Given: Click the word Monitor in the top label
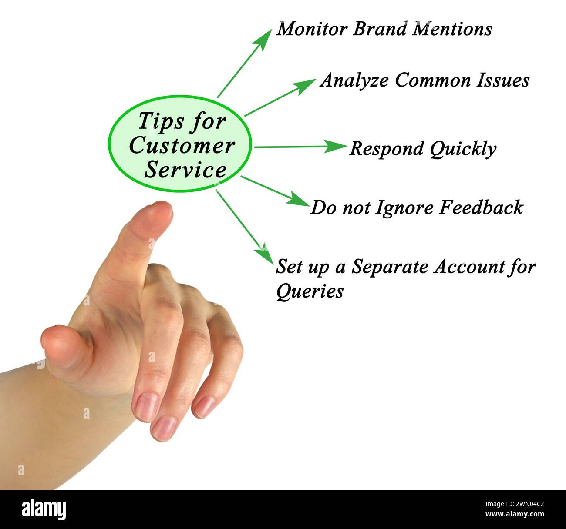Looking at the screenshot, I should pos(312,29).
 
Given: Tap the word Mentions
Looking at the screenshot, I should pos(452,29).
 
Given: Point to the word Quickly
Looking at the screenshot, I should pos(462,149).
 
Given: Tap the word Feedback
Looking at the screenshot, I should pos(481,208).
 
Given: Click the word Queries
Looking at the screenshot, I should pos(309,291).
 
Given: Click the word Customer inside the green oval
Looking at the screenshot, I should pos(182,146).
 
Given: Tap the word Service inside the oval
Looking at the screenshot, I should pos(185,170).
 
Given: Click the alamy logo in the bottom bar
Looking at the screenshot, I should pos(44,509).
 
